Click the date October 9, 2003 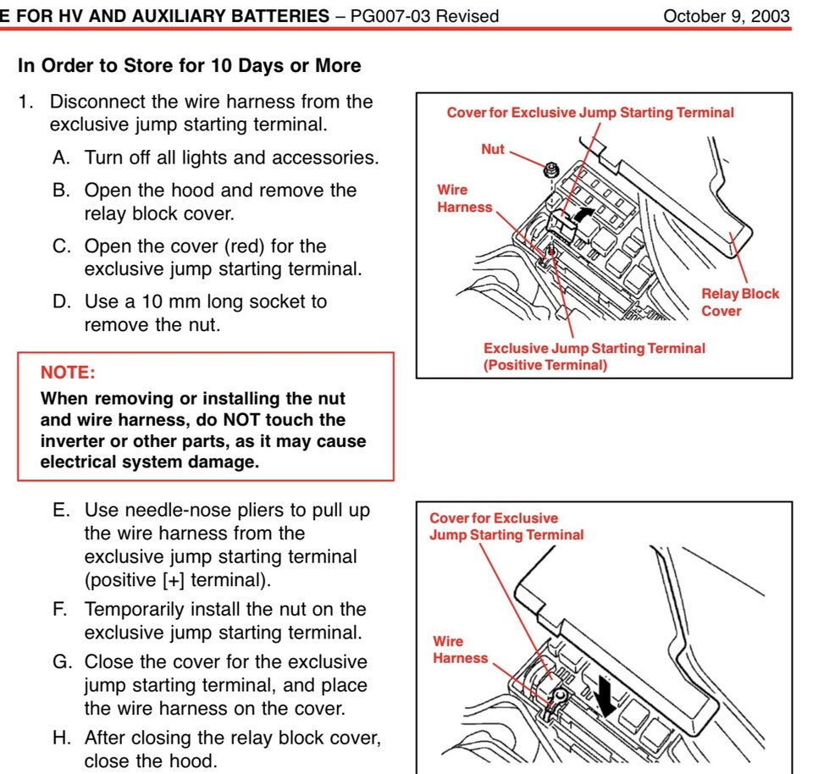tap(727, 16)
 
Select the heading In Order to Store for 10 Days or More tap(190, 66)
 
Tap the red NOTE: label tap(68, 372)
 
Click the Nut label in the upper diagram tap(492, 149)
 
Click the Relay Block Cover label tap(739, 302)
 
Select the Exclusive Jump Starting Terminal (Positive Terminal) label tap(594, 357)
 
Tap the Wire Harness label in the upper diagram tap(464, 198)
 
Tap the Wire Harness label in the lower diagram tap(460, 650)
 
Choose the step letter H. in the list tap(62, 738)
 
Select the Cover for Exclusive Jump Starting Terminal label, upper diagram tap(590, 112)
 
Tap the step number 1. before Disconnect tap(28, 102)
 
